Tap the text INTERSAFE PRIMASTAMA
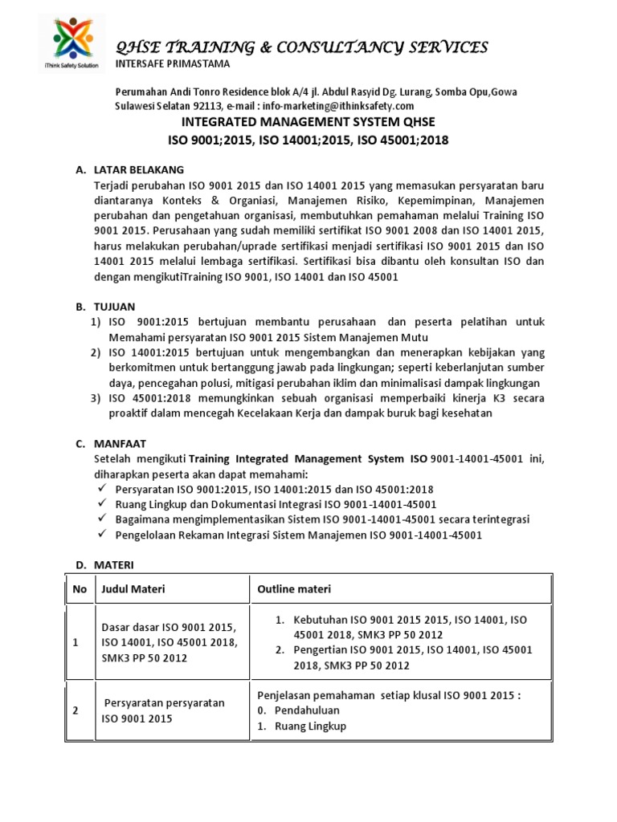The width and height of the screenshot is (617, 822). (173, 63)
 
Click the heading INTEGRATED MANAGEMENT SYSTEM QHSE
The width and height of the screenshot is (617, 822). (308, 122)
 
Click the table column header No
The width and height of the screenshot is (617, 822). (80, 589)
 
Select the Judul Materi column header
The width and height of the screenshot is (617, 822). (133, 589)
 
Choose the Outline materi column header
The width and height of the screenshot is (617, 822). (293, 589)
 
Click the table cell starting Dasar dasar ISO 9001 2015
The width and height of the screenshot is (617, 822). (167, 642)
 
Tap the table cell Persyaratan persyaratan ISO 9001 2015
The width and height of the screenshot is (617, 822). (165, 710)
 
